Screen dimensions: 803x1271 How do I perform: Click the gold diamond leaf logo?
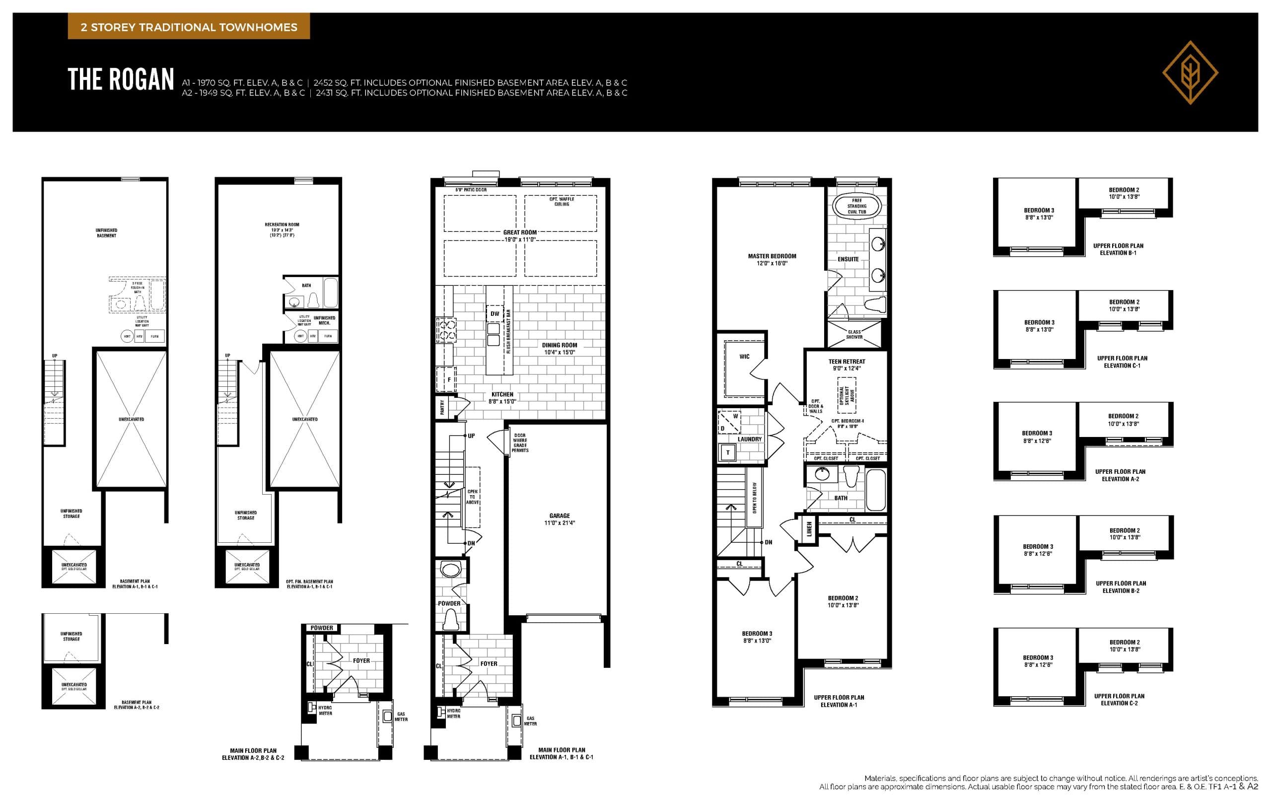click(x=1190, y=73)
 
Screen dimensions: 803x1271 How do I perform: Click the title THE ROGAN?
click(x=121, y=80)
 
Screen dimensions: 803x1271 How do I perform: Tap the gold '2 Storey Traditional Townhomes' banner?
click(x=189, y=27)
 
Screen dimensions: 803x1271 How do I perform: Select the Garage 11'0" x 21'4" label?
click(x=559, y=519)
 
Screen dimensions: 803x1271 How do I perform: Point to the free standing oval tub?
click(x=856, y=206)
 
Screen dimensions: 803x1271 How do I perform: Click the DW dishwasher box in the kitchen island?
click(x=494, y=313)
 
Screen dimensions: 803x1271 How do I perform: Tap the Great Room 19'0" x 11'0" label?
click(x=519, y=235)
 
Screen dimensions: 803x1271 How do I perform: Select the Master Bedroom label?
click(x=772, y=259)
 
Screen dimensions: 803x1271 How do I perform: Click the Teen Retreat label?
click(x=847, y=365)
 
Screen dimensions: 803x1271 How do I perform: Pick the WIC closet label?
click(x=744, y=357)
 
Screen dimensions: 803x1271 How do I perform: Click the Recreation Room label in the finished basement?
click(x=282, y=229)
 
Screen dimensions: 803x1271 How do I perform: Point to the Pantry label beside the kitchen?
click(x=442, y=407)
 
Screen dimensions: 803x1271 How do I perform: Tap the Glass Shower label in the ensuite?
click(x=854, y=334)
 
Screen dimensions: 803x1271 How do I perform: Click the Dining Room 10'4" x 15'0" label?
click(x=559, y=349)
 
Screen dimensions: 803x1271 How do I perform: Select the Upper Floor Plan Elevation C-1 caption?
click(x=1122, y=362)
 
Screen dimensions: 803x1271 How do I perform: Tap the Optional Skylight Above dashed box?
click(x=846, y=395)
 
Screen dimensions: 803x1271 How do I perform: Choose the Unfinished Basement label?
click(x=106, y=233)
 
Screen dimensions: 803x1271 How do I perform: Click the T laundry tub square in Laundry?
click(x=728, y=452)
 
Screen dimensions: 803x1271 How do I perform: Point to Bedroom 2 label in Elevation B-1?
click(x=1124, y=193)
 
